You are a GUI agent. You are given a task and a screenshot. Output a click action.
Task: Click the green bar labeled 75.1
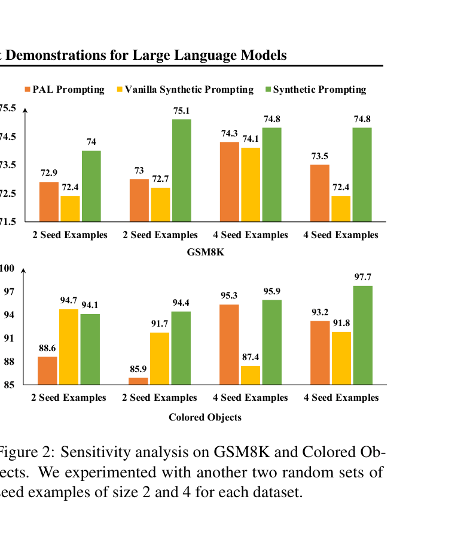182,170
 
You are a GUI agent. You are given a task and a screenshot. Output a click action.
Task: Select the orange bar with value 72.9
49,202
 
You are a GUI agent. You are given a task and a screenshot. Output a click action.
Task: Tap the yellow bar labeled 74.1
251,184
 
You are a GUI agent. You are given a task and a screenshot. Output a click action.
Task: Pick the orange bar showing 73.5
320,193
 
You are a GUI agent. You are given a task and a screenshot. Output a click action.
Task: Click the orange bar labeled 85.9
138,381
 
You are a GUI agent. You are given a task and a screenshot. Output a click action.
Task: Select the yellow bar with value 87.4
251,375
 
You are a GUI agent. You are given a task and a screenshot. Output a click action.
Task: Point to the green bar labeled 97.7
362,335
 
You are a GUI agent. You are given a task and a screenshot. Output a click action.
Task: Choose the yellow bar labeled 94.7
69,346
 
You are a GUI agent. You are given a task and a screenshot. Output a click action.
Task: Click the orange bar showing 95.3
229,344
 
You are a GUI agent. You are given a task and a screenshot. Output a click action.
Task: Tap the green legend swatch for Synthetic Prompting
268,90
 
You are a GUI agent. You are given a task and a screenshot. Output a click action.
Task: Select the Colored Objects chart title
205,417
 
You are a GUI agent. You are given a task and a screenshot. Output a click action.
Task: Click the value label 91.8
341,322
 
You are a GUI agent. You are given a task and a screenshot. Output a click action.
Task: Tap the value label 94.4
181,302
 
